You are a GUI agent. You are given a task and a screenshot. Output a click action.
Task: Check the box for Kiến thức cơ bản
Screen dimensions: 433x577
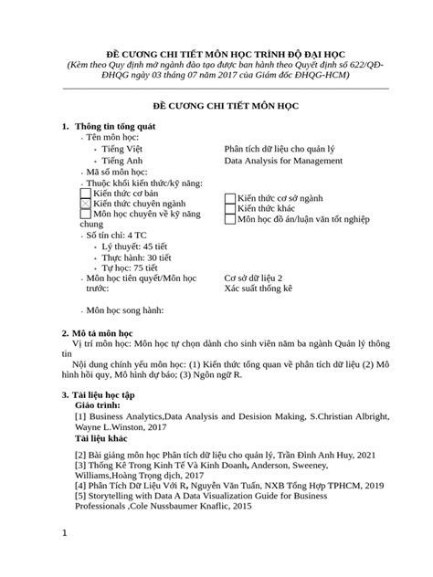[x=86, y=194]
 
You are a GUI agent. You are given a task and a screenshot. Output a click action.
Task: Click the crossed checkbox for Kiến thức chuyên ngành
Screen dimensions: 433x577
[x=86, y=205]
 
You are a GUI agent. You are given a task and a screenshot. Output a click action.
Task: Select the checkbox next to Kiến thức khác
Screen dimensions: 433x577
[x=230, y=209]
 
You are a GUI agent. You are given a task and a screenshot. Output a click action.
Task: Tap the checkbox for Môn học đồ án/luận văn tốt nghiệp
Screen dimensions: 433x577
[x=230, y=220]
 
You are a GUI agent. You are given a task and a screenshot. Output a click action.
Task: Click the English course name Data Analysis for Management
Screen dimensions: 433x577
[x=283, y=160]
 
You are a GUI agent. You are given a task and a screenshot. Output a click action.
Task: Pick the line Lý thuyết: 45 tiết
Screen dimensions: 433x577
[x=136, y=247]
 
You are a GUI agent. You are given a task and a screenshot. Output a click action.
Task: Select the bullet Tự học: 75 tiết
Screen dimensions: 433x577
[x=132, y=268]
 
